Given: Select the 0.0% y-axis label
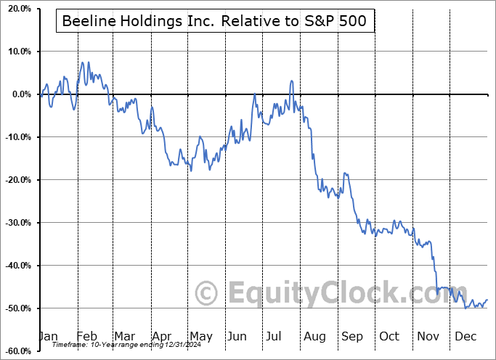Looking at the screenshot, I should (x=20, y=94).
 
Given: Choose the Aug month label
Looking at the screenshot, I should (x=314, y=336).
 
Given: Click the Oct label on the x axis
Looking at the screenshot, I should (x=389, y=336).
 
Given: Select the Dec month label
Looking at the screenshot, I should (x=464, y=336).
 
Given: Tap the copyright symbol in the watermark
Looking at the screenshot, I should (x=208, y=293).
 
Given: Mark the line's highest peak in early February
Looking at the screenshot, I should (x=82, y=62).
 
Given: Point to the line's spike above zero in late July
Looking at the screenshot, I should (x=291, y=81).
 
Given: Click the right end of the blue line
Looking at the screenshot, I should (x=487, y=300).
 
